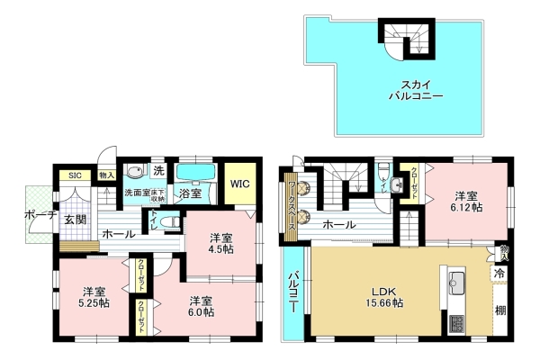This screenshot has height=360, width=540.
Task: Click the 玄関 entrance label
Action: (74, 219)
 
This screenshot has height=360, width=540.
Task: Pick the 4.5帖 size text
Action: (221, 249)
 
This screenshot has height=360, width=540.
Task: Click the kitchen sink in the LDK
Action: (454, 278)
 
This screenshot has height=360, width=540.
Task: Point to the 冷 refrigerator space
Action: (498, 272)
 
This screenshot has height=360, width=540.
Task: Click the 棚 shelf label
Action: (498, 310)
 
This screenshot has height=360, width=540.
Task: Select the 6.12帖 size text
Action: (465, 205)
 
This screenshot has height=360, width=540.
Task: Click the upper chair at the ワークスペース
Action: (306, 189)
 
